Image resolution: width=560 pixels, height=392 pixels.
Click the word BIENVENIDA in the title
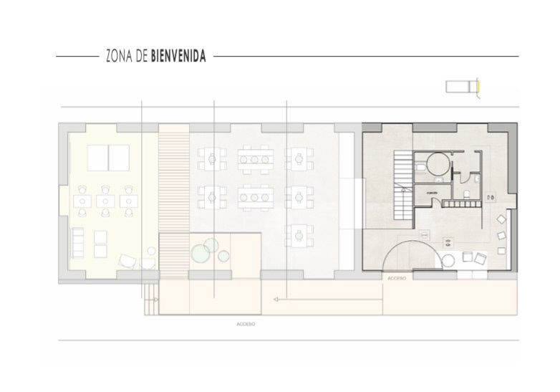point(178,57)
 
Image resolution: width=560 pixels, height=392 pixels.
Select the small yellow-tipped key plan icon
point(463,87)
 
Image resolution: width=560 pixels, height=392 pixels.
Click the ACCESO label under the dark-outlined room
point(396,277)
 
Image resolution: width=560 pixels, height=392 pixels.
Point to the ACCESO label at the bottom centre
point(246,324)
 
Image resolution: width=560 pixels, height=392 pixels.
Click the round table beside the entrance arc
point(449,259)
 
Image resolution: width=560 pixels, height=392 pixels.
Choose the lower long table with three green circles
point(254,196)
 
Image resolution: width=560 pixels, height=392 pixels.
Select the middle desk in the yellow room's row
point(106,201)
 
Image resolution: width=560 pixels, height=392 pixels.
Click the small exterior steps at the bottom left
point(150,300)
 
